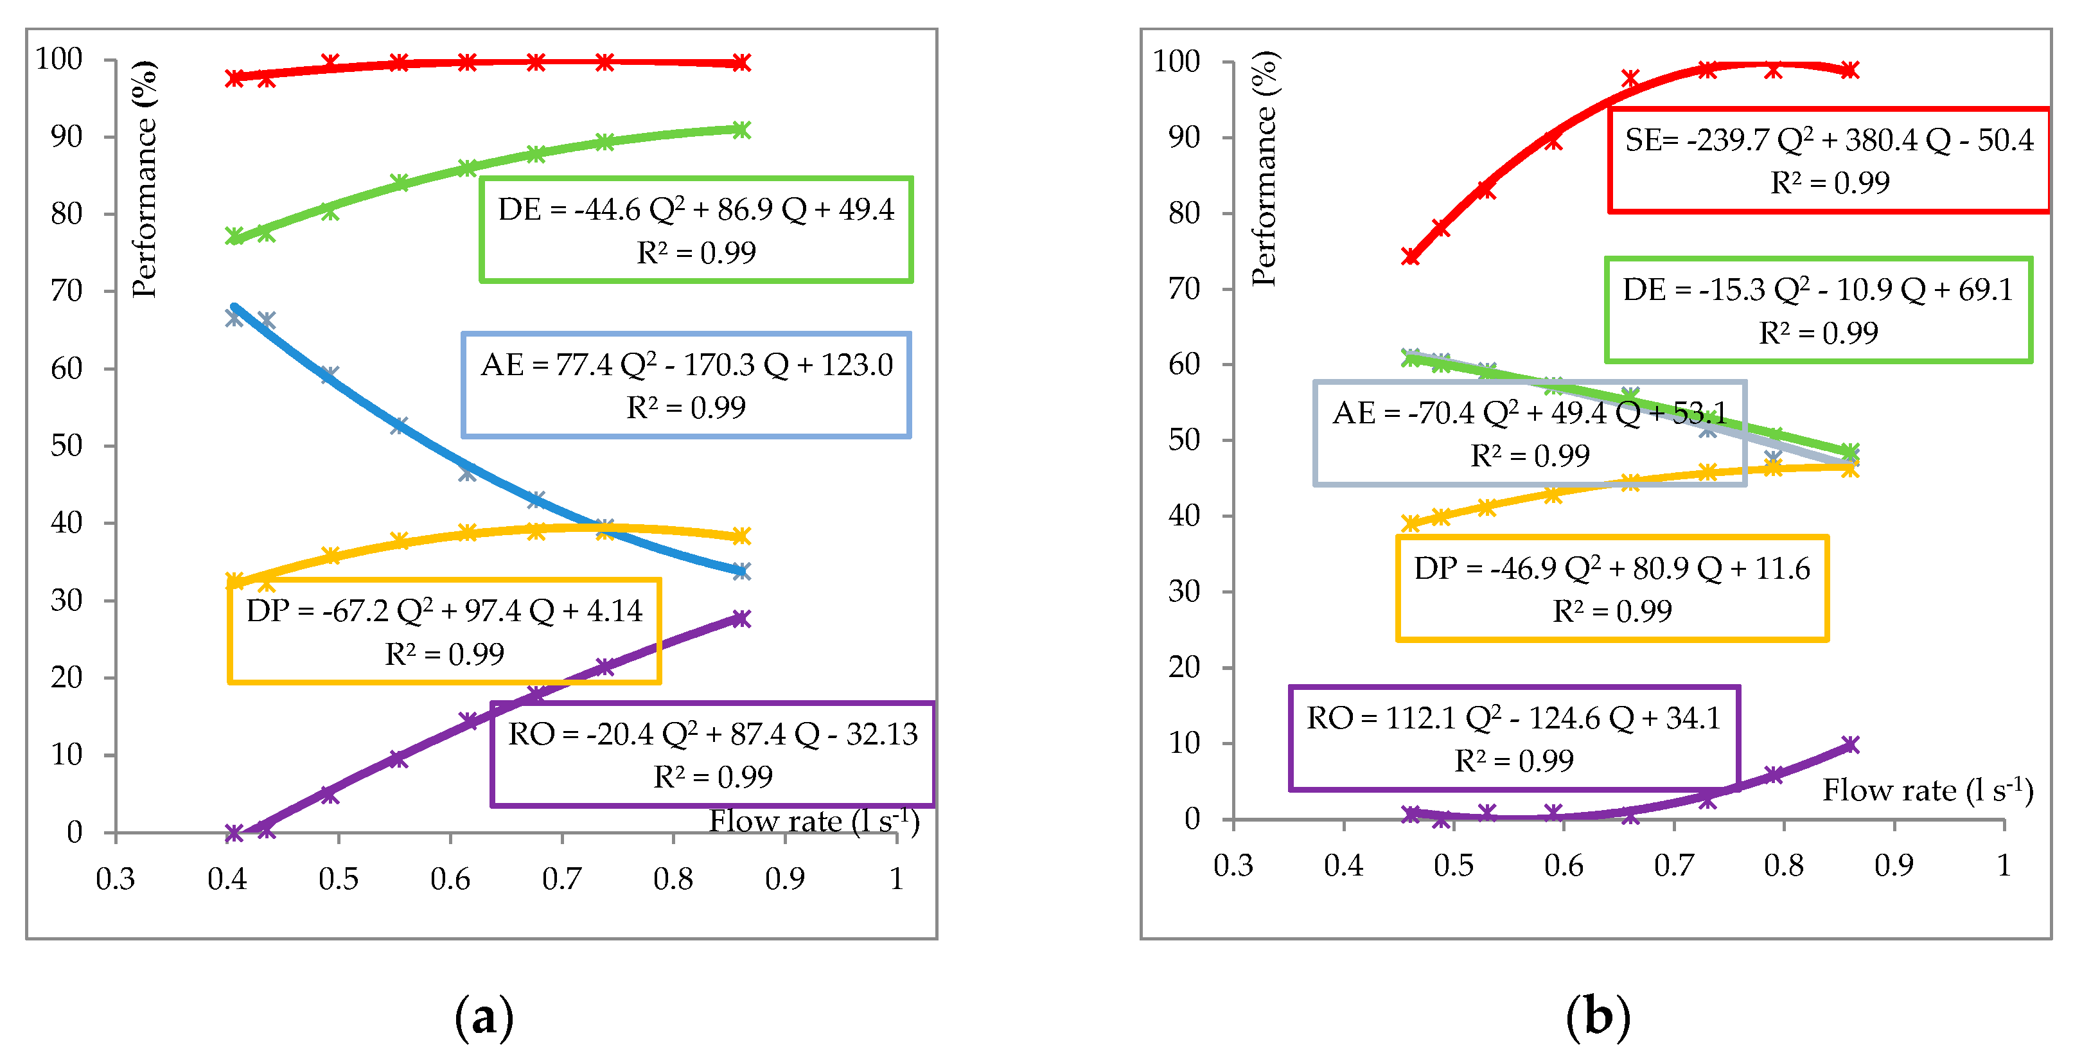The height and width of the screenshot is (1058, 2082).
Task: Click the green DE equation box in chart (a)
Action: (696, 229)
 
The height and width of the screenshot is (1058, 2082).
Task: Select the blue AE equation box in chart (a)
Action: (686, 385)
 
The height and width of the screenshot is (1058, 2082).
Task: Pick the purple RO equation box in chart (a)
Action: (712, 754)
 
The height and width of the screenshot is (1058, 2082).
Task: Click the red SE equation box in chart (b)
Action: (1828, 160)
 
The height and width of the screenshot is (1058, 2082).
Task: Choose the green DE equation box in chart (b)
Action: (1818, 310)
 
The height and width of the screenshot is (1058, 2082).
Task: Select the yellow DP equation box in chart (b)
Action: (1612, 588)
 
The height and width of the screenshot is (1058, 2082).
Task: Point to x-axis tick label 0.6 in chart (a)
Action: (450, 879)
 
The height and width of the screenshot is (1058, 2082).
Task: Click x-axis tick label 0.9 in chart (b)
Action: (1893, 866)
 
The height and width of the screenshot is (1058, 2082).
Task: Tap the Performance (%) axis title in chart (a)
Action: (144, 179)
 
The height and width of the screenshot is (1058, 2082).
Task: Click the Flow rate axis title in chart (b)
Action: (1927, 791)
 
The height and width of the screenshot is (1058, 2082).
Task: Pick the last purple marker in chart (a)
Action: (741, 619)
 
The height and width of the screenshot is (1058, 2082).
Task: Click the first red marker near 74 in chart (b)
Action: (1410, 256)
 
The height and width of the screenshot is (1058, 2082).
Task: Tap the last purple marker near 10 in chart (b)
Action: (1850, 745)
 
